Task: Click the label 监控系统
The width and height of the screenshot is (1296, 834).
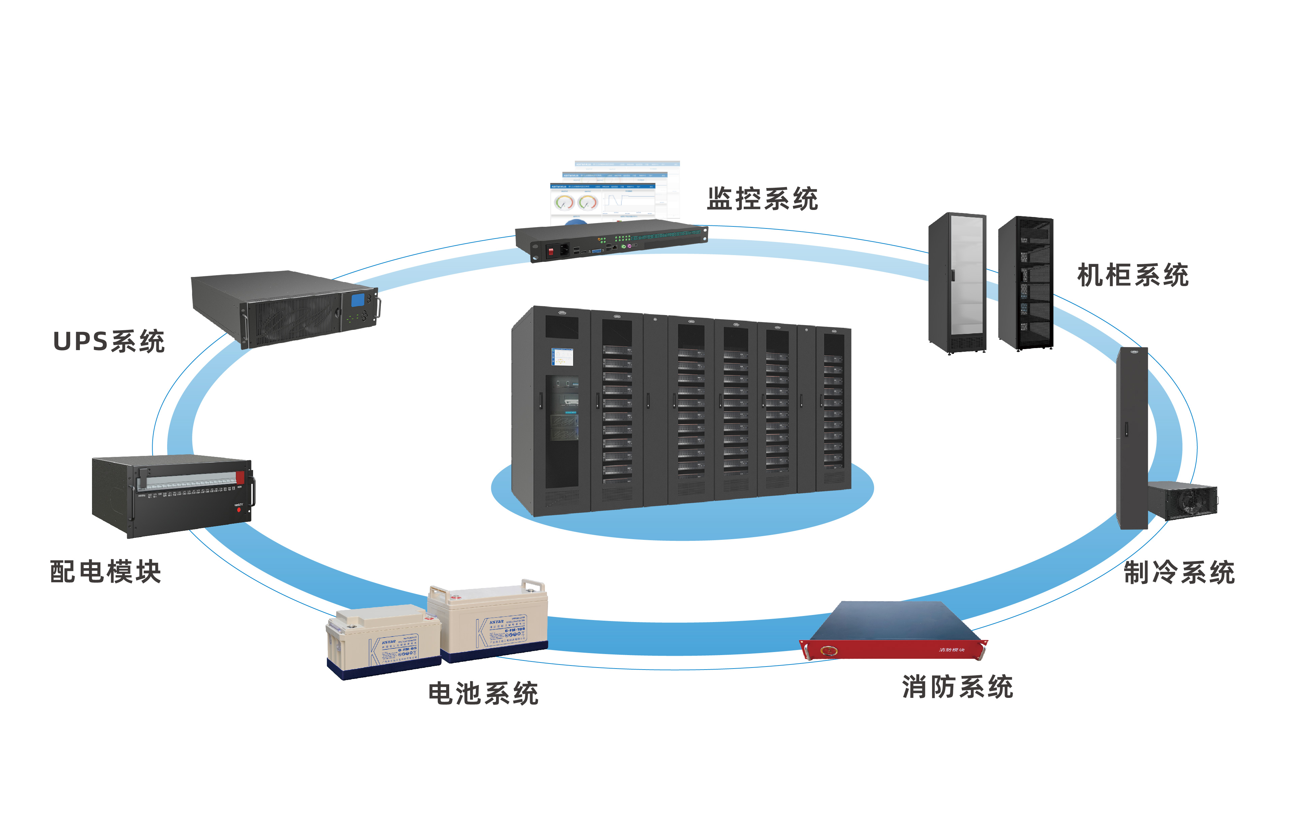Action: tap(762, 199)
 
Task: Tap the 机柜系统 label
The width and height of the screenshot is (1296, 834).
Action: tap(1133, 275)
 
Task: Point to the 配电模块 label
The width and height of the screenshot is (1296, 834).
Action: tap(105, 572)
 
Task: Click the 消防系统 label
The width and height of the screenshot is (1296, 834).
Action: tap(957, 687)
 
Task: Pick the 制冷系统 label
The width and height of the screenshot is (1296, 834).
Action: tap(1179, 573)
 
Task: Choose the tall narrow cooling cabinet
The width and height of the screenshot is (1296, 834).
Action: tap(1132, 439)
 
